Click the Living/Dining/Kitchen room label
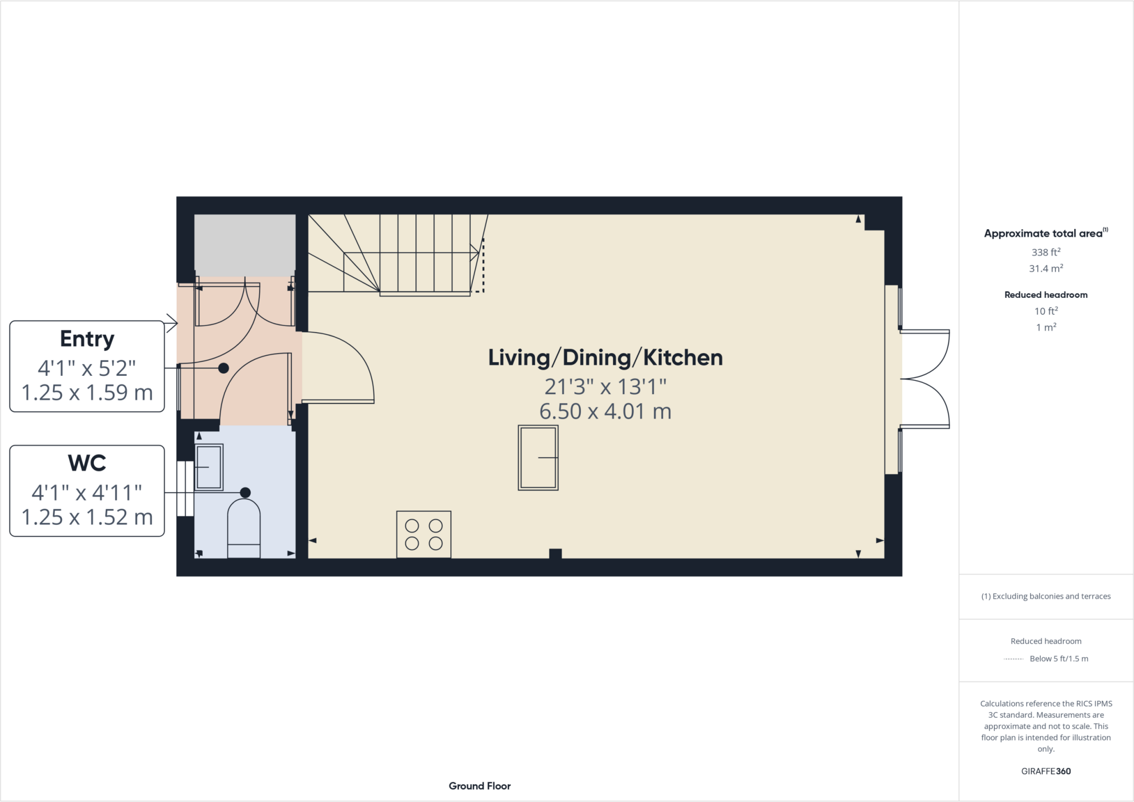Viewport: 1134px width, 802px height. (x=605, y=358)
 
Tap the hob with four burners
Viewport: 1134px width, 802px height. (x=424, y=534)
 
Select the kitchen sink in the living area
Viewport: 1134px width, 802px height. (x=538, y=457)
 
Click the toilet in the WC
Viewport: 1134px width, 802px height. (x=244, y=529)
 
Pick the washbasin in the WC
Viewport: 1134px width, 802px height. (x=209, y=467)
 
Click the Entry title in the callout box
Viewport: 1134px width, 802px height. (x=87, y=339)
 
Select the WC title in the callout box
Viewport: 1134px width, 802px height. (x=87, y=463)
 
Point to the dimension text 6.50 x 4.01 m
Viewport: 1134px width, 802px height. (x=605, y=411)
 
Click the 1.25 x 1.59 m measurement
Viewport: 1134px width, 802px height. (x=87, y=392)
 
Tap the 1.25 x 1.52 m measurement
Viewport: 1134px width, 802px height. (x=87, y=517)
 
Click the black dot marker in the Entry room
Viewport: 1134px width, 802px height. (x=224, y=368)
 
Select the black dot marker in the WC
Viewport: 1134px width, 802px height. (x=245, y=493)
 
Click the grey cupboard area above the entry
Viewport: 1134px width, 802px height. (x=244, y=245)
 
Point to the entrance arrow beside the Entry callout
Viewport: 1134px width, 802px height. (x=172, y=323)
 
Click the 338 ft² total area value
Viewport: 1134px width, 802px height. (x=1045, y=252)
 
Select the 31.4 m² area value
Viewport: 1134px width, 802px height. (x=1045, y=268)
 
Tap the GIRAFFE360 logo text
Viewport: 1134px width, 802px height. (x=1045, y=771)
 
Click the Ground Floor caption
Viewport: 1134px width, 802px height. (x=480, y=786)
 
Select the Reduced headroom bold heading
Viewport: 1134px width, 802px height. (x=1045, y=295)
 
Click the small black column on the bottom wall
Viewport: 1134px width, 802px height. (x=555, y=553)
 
